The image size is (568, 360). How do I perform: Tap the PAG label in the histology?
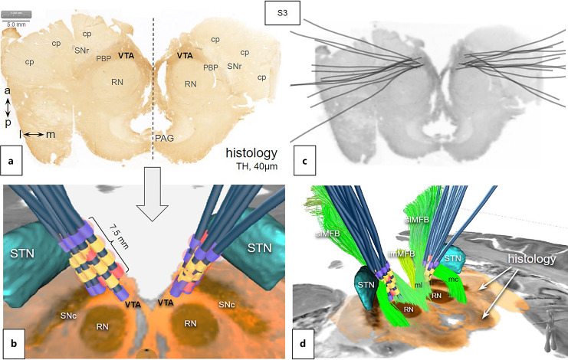tap(163, 138)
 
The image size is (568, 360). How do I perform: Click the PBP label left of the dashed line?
tap(103, 58)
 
